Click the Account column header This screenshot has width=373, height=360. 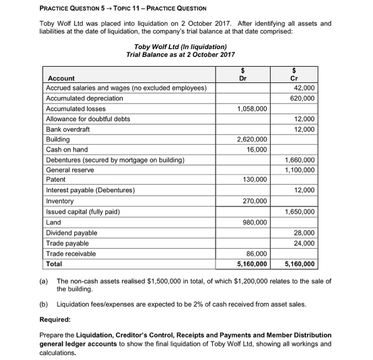click(60, 78)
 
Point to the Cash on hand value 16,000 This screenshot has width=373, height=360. click(257, 150)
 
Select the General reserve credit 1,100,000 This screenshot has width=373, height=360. click(299, 170)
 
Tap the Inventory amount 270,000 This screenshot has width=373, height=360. click(255, 201)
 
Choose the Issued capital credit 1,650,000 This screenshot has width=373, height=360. click(299, 211)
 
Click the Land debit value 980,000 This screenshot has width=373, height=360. click(255, 222)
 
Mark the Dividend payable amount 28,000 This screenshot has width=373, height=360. click(304, 233)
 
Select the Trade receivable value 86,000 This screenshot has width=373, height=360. click(257, 253)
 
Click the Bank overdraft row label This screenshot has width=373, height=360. click(68, 129)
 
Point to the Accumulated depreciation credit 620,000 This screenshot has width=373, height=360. click(302, 99)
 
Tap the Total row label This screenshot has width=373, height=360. click(54, 264)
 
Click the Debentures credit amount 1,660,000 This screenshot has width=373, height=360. click(299, 160)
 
